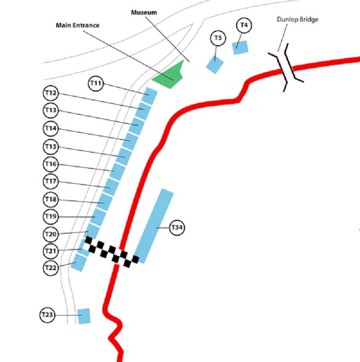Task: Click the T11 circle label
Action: click(x=96, y=83)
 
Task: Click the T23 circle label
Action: click(x=47, y=315)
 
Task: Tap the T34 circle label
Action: click(x=177, y=228)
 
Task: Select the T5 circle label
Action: click(x=218, y=38)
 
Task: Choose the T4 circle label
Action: click(x=243, y=25)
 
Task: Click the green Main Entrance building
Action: click(x=169, y=77)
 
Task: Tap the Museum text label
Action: click(x=144, y=13)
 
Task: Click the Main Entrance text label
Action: click(x=77, y=25)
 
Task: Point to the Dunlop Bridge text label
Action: click(x=297, y=20)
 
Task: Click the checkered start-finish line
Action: click(x=111, y=253)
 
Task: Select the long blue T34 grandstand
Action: click(x=154, y=226)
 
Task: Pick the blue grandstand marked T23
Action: click(x=84, y=316)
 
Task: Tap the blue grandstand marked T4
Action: click(x=241, y=47)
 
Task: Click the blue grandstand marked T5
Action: click(x=215, y=63)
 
